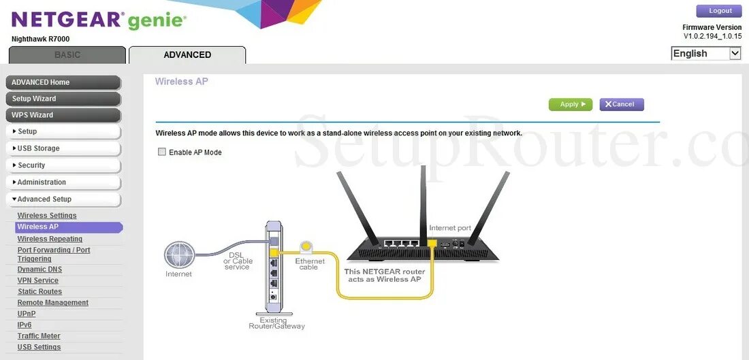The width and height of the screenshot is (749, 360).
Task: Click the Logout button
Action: (x=718, y=11)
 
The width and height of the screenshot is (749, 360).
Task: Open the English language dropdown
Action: (x=705, y=54)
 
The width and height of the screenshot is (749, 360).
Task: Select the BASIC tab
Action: (x=67, y=55)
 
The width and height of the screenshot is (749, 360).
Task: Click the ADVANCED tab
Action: (x=187, y=55)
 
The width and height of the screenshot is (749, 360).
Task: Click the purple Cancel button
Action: (x=621, y=105)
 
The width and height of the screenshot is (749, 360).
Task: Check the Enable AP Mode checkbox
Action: (x=162, y=152)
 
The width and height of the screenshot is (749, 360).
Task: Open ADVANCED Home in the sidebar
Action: (x=63, y=82)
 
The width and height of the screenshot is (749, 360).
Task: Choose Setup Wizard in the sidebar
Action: (x=63, y=99)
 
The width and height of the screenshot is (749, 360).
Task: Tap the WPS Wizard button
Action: (x=63, y=115)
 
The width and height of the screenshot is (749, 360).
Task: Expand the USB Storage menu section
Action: (x=63, y=148)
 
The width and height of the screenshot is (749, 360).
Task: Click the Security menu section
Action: (x=63, y=165)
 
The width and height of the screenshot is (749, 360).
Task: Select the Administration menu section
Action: (x=63, y=182)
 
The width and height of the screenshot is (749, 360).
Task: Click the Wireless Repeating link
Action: (x=50, y=239)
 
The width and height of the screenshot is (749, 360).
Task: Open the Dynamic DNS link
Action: (x=39, y=269)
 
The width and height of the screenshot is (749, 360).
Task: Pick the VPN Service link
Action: (x=38, y=280)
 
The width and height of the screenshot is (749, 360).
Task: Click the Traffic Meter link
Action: (x=39, y=336)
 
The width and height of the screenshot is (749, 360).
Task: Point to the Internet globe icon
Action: (x=179, y=255)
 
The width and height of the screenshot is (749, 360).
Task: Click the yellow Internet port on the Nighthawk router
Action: (x=432, y=243)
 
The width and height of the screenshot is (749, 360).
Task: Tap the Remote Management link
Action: (x=53, y=303)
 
